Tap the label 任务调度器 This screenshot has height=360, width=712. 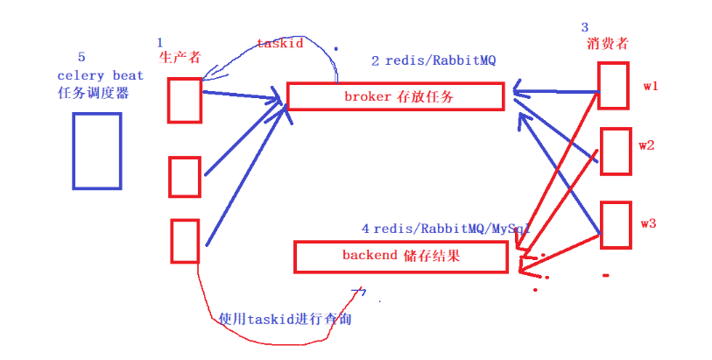tap(93, 93)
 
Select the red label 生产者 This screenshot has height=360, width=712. tap(180, 57)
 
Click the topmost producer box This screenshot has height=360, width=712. tap(185, 100)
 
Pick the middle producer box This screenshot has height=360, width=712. tap(185, 176)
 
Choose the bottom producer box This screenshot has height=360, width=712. tap(185, 241)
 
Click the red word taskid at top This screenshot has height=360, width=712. tap(280, 43)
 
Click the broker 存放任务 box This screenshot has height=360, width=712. tap(396, 97)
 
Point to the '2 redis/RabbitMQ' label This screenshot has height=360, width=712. tap(420, 61)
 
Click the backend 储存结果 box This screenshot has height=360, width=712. tap(400, 257)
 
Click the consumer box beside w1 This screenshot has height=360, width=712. tap(613, 88)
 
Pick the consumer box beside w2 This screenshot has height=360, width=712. tap(615, 150)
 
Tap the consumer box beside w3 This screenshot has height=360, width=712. tap(615, 224)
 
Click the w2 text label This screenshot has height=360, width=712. tap(647, 145)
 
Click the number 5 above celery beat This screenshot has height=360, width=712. tap(81, 58)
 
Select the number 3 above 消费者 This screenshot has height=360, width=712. tap(585, 27)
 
